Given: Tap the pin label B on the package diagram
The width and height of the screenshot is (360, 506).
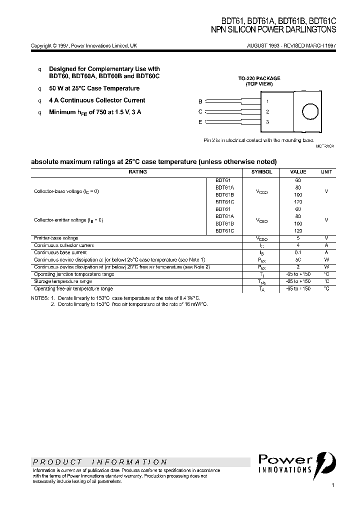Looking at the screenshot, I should coord(200,101).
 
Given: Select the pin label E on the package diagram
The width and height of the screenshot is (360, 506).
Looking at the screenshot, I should coord(200,122).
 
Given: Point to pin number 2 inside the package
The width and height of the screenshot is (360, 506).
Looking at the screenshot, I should coord(268,112).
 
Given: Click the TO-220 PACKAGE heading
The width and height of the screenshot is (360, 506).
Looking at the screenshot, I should coord(259,78).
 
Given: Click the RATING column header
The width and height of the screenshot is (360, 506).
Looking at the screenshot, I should coord(137,172).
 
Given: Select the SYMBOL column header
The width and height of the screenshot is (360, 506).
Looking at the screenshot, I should coord(261,172).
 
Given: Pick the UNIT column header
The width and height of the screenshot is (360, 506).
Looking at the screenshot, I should coord(326,172).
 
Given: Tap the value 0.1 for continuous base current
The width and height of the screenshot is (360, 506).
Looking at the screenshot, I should coord(298,253).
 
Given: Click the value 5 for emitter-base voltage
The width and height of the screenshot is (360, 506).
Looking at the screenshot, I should coord(298,238).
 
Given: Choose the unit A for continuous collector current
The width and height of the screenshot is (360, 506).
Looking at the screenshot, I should coord(326,245).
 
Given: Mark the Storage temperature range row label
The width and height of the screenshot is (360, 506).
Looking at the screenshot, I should coord(63,281).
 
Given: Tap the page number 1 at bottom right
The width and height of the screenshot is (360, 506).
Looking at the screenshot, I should coord(332,485).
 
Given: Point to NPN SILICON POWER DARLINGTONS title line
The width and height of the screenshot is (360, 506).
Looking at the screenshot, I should coord(274,30).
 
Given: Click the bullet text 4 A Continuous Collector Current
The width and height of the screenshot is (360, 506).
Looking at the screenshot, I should coord(97,100).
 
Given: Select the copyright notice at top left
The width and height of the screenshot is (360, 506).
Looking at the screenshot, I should coord(83,45).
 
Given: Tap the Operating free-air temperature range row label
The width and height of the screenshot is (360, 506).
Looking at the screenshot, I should coord(73,289).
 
